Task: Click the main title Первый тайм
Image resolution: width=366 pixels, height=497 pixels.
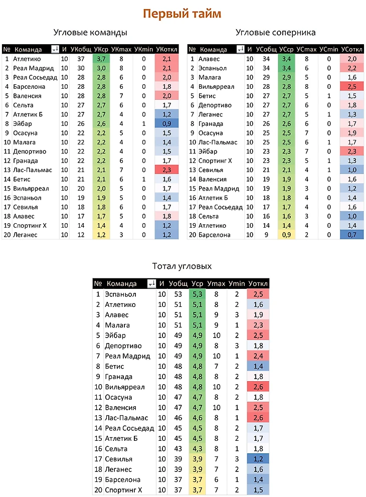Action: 182,14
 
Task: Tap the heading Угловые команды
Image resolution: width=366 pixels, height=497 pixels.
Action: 90,33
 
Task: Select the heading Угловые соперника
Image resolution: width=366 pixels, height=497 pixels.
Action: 275,33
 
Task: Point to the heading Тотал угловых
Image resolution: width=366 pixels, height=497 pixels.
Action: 182,266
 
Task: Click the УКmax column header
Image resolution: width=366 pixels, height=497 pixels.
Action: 121,49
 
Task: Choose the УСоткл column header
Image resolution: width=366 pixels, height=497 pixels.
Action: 351,49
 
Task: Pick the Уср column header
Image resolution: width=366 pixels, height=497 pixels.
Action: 197,284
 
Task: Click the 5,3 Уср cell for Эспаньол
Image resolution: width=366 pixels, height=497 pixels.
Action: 197,294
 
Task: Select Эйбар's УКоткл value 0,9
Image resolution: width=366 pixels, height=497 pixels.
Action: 167,123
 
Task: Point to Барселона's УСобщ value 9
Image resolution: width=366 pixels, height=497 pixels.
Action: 265,235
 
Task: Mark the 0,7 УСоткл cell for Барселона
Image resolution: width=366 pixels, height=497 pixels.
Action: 351,235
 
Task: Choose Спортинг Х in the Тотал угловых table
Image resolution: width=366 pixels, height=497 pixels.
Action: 123,490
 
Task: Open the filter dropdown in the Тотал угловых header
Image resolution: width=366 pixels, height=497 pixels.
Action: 150,284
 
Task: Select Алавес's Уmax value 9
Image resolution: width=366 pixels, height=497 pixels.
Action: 217,315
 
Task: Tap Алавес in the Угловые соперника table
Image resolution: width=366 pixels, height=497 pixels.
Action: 209,59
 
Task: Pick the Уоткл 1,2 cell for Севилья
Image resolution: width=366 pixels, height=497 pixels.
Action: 258,459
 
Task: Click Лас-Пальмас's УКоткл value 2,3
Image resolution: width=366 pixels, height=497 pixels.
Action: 167,170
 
